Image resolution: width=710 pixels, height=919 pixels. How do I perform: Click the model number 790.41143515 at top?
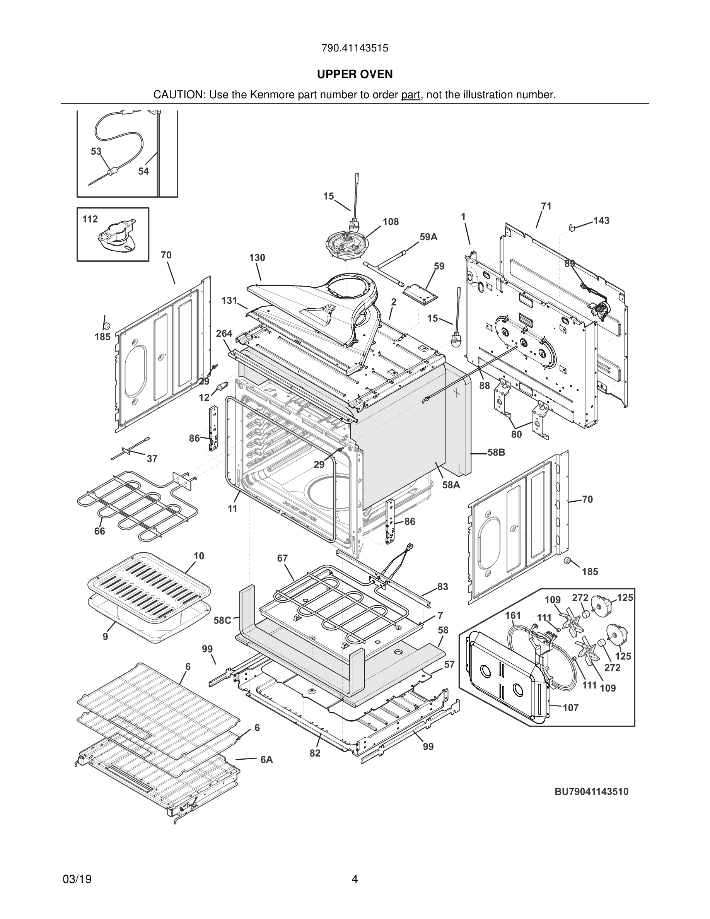(355, 48)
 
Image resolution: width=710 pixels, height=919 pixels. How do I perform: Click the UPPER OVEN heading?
(355, 75)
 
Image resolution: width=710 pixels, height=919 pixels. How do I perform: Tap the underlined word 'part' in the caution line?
(411, 95)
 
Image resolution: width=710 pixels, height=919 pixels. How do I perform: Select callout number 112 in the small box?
(90, 219)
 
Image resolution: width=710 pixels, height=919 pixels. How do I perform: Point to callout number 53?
(96, 151)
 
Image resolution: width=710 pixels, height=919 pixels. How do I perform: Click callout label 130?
(257, 258)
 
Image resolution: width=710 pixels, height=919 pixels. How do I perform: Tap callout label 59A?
(428, 237)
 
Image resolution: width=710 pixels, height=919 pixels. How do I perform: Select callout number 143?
(601, 220)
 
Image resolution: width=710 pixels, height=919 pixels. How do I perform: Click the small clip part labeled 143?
(572, 227)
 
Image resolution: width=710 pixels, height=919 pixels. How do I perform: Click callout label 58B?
(496, 453)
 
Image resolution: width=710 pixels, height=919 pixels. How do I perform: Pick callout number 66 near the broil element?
(100, 531)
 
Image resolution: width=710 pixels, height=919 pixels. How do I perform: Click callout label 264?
(224, 333)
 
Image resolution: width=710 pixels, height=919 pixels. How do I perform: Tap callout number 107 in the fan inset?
(571, 708)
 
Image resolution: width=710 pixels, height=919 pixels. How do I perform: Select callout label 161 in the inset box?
(513, 616)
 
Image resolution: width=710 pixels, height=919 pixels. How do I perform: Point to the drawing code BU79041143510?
(591, 792)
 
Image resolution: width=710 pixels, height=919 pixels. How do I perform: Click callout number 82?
(315, 753)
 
